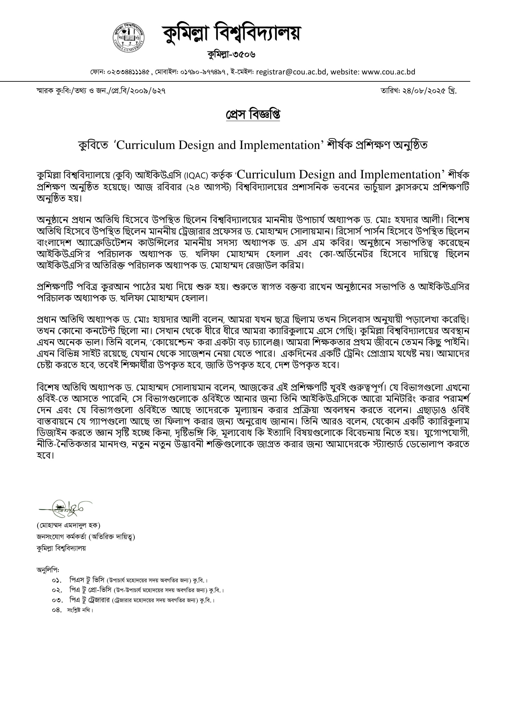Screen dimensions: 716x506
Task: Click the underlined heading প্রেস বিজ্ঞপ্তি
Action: [253, 115]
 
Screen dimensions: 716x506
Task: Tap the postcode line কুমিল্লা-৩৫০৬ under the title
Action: [231, 55]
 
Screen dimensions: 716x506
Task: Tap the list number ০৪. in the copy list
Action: [57, 610]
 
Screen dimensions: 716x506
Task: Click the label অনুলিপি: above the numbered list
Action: [48, 570]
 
